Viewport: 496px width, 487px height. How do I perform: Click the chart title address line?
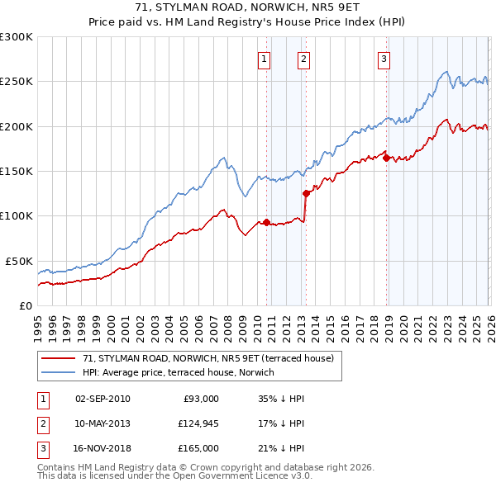coord(248,7)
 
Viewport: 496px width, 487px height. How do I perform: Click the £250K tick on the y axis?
coord(17,82)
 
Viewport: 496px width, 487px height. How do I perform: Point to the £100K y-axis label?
coord(17,215)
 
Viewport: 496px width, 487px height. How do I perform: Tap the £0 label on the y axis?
coord(24,305)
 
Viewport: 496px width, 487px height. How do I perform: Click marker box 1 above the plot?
coord(263,59)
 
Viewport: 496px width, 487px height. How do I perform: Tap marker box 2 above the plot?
coord(303,59)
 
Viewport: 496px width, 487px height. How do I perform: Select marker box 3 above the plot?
coord(384,59)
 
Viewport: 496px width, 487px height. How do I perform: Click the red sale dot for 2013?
coord(306,194)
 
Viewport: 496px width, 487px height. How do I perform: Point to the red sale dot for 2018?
coord(386,158)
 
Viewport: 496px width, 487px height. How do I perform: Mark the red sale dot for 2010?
coord(266,222)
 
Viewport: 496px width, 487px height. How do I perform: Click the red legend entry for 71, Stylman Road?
coord(207,358)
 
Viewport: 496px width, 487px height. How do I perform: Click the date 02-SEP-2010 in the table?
coord(103,399)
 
